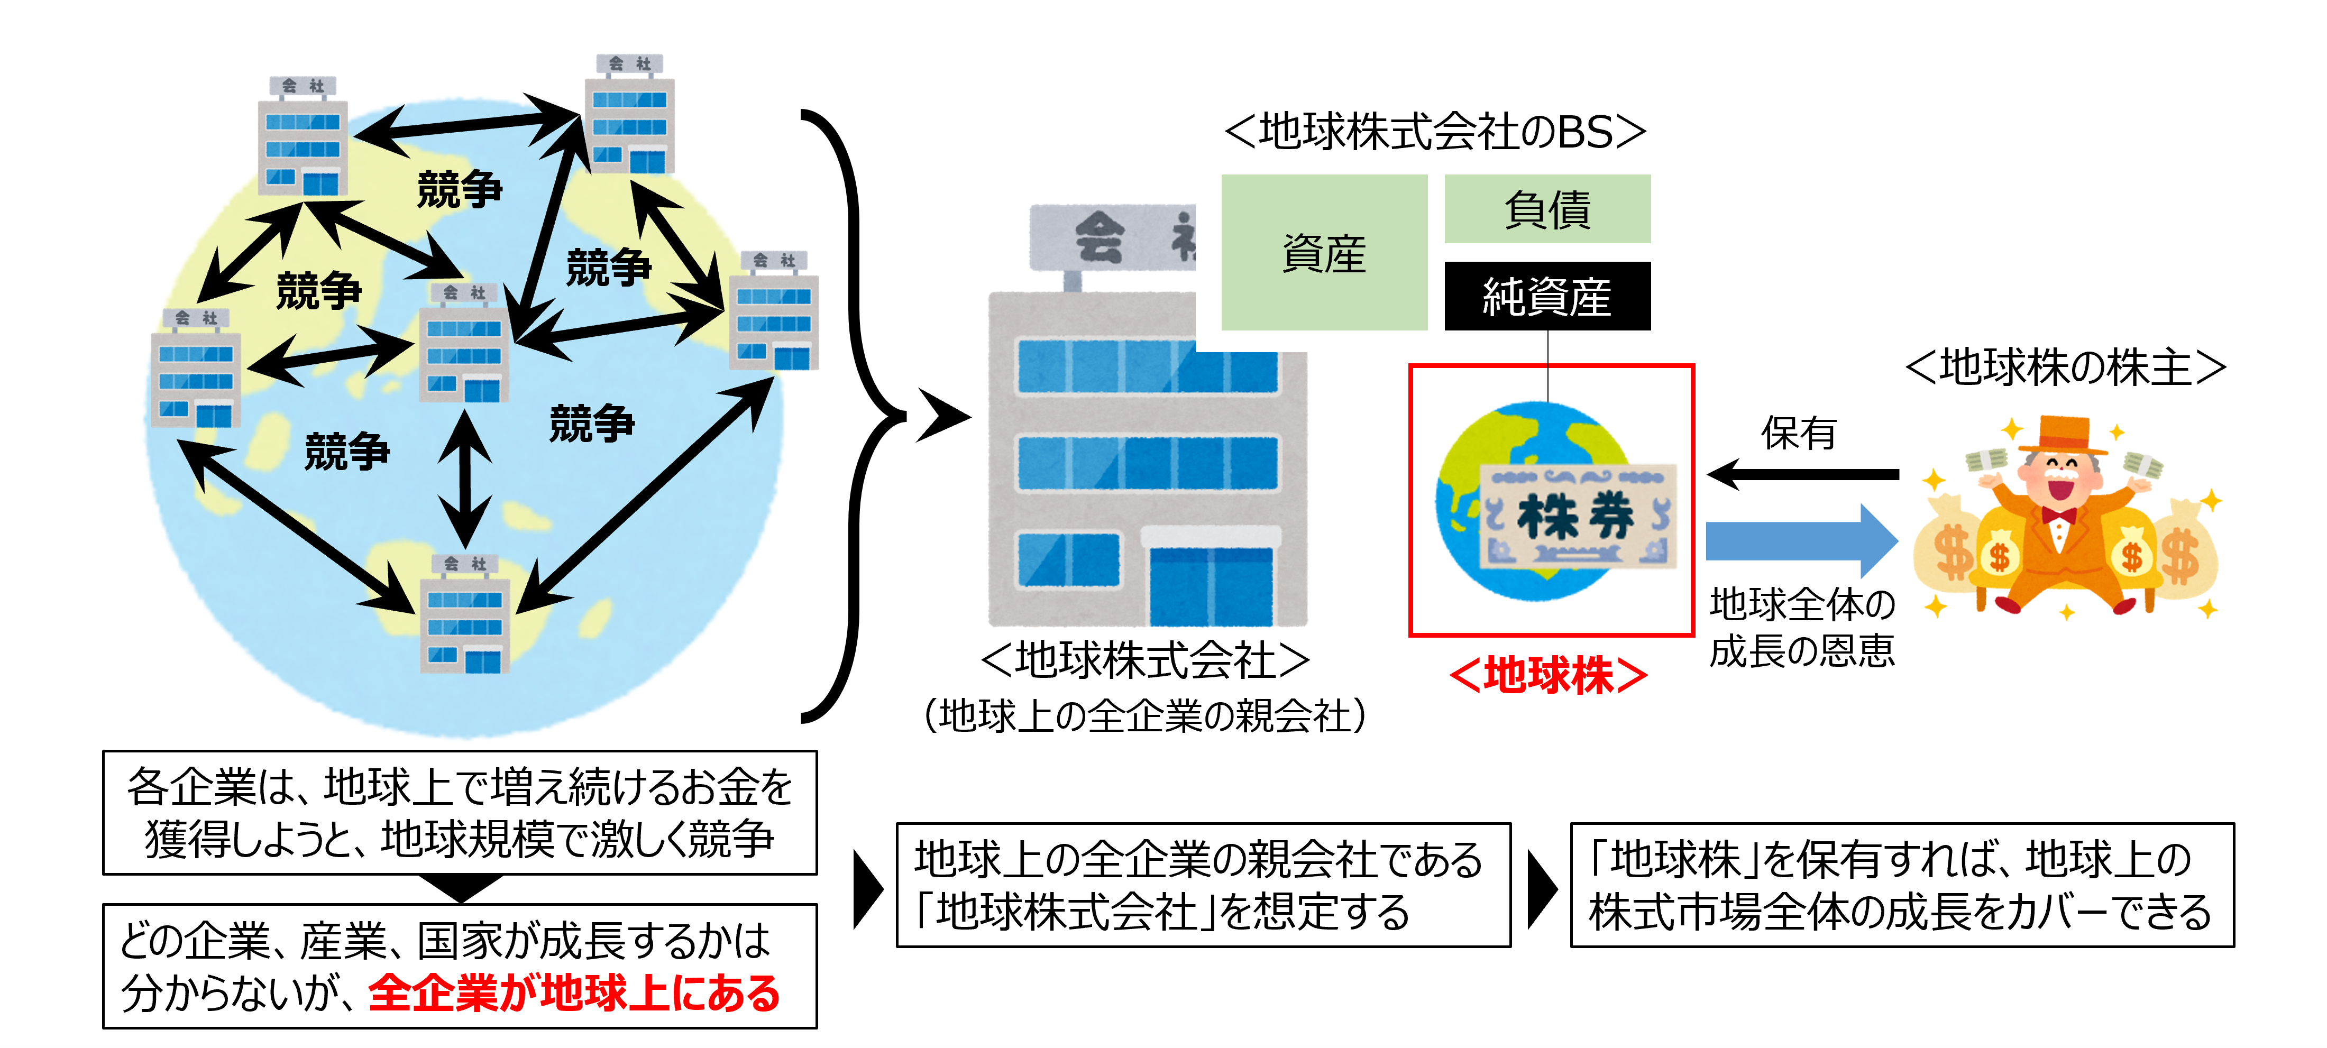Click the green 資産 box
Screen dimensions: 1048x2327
coord(1323,252)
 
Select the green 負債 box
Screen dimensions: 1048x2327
coord(1546,209)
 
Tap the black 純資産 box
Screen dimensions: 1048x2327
coord(1546,296)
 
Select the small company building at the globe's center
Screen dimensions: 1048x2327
coord(465,343)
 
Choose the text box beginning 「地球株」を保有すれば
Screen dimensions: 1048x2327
coord(1901,885)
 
